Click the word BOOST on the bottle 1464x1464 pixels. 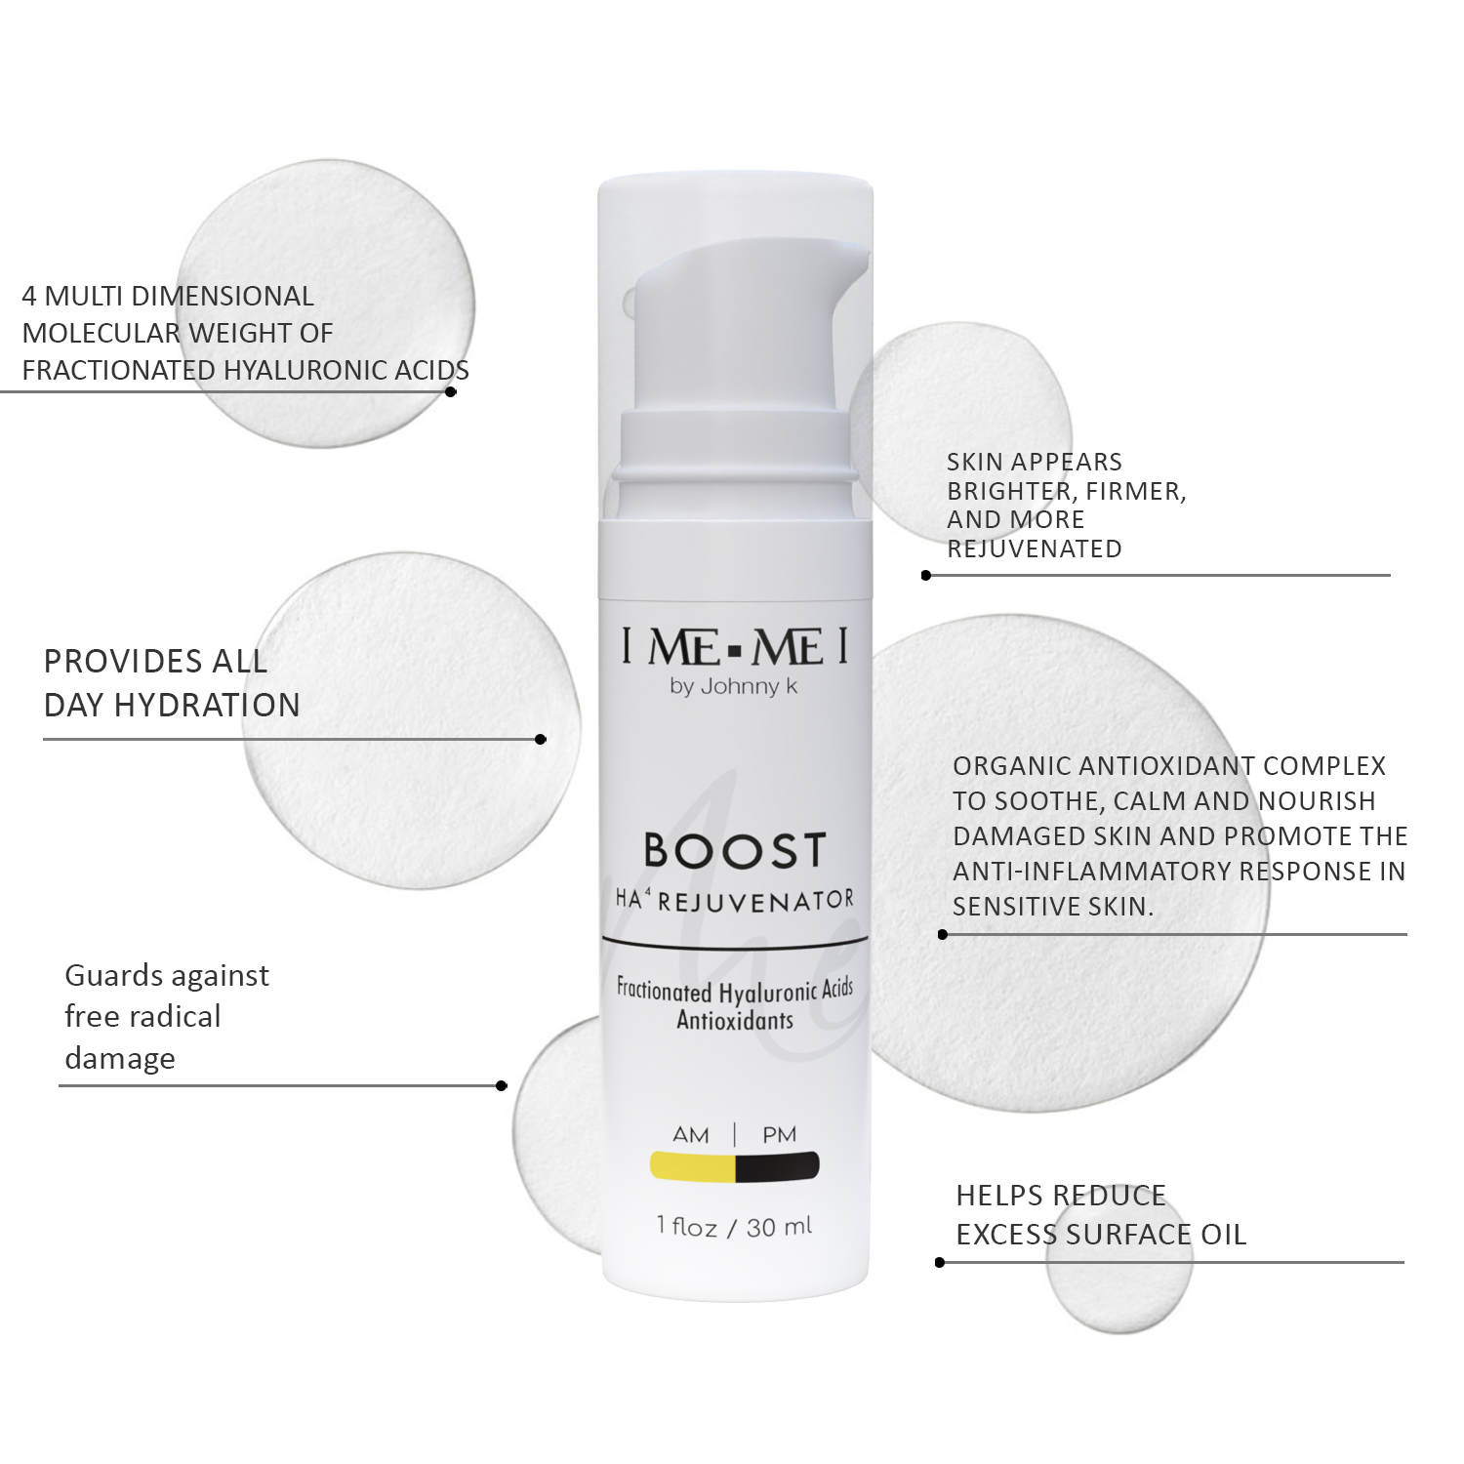735,850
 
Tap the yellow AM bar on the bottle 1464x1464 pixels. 693,1166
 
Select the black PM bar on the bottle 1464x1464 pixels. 778,1166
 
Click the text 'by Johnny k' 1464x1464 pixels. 734,686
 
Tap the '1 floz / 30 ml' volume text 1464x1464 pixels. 735,1227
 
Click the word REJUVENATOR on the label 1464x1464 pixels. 756,901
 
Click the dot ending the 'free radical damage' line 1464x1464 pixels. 502,1085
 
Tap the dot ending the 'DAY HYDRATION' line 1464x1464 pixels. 541,739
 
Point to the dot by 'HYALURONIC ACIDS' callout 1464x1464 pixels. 451,391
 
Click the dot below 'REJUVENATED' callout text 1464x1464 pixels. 926,575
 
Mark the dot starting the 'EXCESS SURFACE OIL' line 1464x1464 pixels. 940,1262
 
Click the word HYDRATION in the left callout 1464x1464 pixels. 207,705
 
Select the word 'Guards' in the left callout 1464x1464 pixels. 107,975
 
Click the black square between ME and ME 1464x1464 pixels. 735,648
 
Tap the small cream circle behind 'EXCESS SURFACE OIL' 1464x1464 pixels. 1119,1259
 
